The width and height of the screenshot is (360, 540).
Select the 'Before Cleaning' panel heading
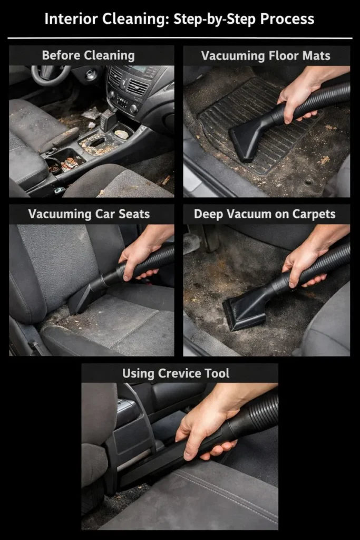pos(88,55)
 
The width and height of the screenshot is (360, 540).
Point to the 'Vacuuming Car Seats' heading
pos(89,214)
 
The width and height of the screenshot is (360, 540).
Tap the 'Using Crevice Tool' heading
pos(176,373)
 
